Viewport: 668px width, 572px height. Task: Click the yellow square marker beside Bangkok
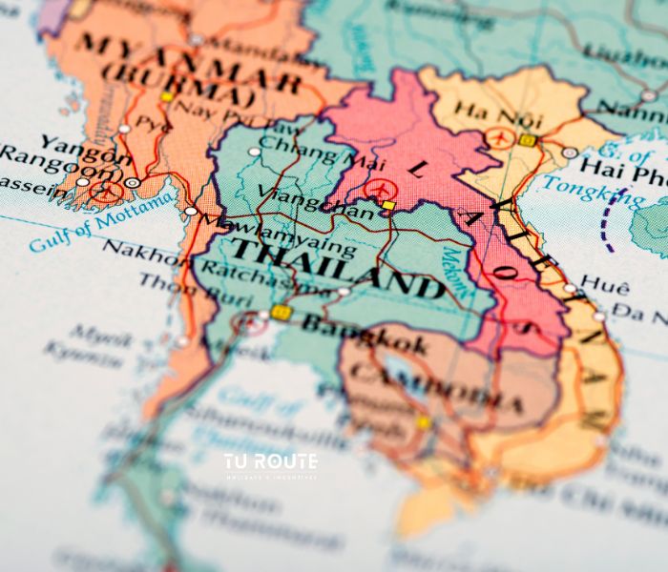pyautogui.click(x=280, y=312)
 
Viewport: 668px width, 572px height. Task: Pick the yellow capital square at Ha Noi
pyautogui.click(x=528, y=140)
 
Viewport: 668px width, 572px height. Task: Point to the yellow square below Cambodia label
pyautogui.click(x=423, y=420)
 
